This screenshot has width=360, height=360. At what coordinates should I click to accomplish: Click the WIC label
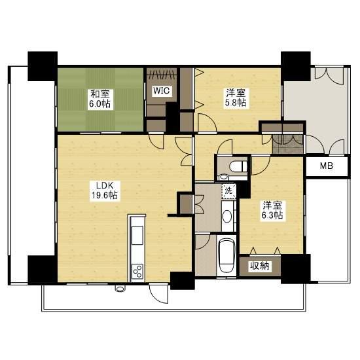click(162, 90)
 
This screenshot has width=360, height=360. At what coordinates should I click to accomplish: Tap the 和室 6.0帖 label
click(100, 99)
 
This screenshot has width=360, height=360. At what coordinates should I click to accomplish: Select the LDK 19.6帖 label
click(105, 190)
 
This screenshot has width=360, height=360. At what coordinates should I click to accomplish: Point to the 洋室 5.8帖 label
click(236, 98)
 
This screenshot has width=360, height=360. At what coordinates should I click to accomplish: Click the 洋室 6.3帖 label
click(272, 210)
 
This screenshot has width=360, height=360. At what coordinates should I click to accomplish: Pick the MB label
click(327, 166)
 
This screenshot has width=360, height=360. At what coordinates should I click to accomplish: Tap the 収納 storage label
click(260, 266)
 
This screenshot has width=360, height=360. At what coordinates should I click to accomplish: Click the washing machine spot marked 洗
click(228, 190)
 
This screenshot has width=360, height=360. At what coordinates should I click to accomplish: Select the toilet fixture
click(238, 166)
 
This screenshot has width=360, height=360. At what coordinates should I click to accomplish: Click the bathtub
click(226, 255)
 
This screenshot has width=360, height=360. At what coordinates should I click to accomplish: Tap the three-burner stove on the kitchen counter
click(137, 272)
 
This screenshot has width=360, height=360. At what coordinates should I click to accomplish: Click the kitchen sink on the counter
click(137, 235)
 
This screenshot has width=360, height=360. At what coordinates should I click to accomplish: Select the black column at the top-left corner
click(43, 66)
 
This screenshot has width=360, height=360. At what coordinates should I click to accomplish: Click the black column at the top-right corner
click(296, 66)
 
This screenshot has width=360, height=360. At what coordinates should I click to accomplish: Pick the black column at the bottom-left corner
click(43, 270)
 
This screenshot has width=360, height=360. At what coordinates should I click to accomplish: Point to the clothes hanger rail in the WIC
click(162, 75)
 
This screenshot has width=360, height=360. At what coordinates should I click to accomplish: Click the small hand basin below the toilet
click(223, 177)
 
